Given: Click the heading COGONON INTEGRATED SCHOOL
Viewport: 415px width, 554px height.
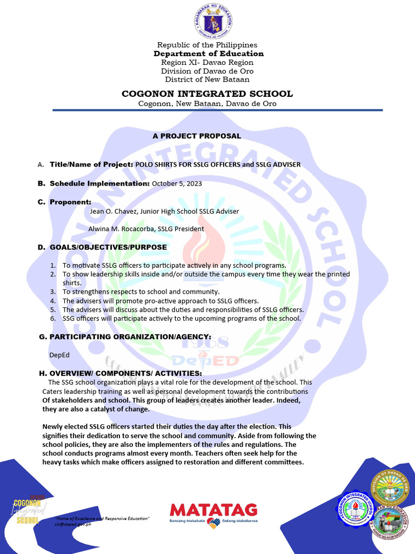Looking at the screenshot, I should tap(207, 94).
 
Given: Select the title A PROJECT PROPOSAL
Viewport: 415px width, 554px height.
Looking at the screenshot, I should tap(197, 136).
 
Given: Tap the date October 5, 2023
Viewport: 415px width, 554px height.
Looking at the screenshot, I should tap(177, 183).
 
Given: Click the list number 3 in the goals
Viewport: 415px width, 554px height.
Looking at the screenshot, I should tap(53, 292).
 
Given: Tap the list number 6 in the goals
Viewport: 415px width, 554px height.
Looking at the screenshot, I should tap(53, 318).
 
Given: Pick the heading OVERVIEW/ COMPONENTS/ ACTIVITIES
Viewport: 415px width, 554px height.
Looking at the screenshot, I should tap(125, 374).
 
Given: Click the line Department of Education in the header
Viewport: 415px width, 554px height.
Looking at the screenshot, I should tap(209, 54).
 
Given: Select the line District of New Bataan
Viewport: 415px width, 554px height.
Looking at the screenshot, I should tap(207, 80).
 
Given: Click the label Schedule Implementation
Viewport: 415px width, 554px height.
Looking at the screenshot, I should tap(99, 183).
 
